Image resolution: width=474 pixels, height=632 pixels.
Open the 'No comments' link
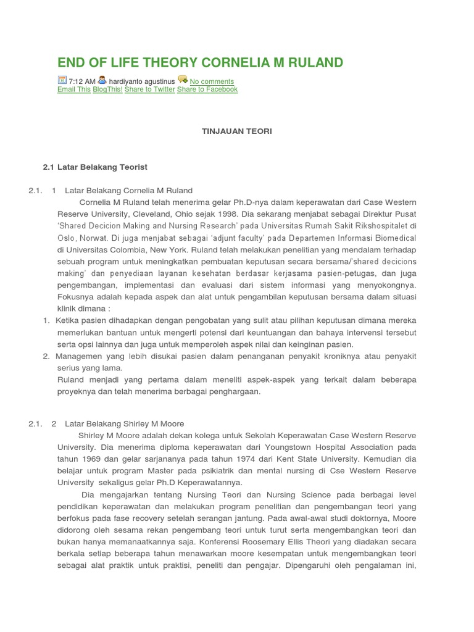pyautogui.click(x=212, y=81)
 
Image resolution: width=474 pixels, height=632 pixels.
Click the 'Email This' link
pyautogui.click(x=74, y=89)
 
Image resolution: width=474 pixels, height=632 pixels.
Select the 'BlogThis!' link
pyautogui.click(x=107, y=89)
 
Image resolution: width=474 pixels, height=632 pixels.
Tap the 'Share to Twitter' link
pyautogui.click(x=150, y=89)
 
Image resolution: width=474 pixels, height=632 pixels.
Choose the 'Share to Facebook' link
pyautogui.click(x=207, y=89)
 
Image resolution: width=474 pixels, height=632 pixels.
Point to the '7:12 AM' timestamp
pyautogui.click(x=82, y=81)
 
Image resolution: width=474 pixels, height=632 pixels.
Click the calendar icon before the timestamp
pyautogui.click(x=62, y=80)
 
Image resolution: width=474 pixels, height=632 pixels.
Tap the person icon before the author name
pyautogui.click(x=102, y=80)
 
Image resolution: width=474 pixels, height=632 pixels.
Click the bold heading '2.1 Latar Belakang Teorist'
pyautogui.click(x=95, y=167)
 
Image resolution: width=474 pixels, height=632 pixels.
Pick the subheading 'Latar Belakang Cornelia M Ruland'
pyautogui.click(x=128, y=191)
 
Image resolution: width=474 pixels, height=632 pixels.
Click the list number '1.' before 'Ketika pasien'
pyautogui.click(x=46, y=320)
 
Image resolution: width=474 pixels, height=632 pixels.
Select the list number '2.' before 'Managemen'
pyautogui.click(x=46, y=356)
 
